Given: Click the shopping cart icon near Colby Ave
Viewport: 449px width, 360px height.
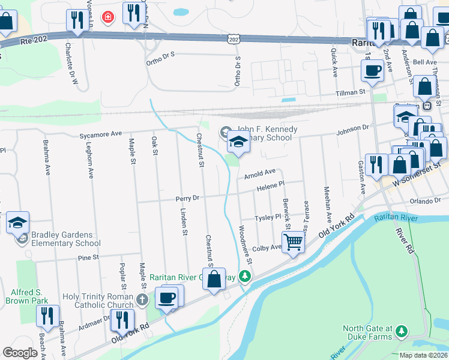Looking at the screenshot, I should (294, 242).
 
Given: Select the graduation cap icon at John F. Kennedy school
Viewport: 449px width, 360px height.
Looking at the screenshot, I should (238, 143).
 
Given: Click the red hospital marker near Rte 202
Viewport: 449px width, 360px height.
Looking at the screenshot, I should (108, 16).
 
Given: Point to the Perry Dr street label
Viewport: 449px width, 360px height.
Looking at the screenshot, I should (187, 198).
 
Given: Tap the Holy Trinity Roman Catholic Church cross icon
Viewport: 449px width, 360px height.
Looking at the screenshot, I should (142, 299).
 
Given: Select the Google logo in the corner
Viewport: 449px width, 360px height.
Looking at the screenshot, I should (20, 353).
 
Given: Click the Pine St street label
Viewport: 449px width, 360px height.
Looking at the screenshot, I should (88, 257).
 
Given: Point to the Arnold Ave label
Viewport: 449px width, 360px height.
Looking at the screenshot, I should (260, 173).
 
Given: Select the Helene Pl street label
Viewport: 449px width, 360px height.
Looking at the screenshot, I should (270, 187).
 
